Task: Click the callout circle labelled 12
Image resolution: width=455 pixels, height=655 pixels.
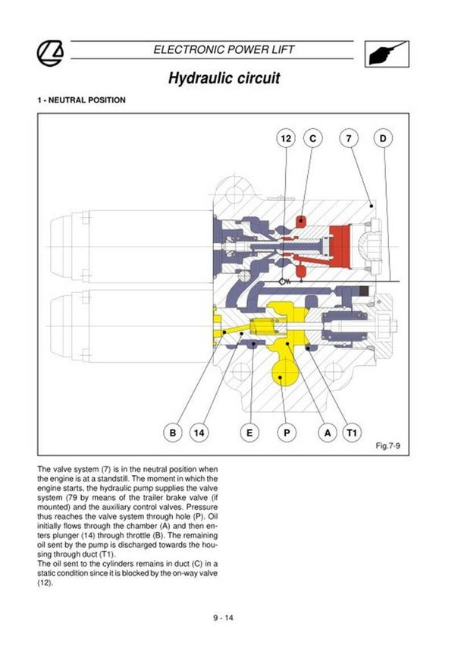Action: coord(285,139)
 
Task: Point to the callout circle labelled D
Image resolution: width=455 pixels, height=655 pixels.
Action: coord(383,139)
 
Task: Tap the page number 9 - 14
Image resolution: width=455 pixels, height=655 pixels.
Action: coord(223,616)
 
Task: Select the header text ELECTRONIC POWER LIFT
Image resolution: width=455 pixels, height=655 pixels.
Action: coord(224,49)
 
